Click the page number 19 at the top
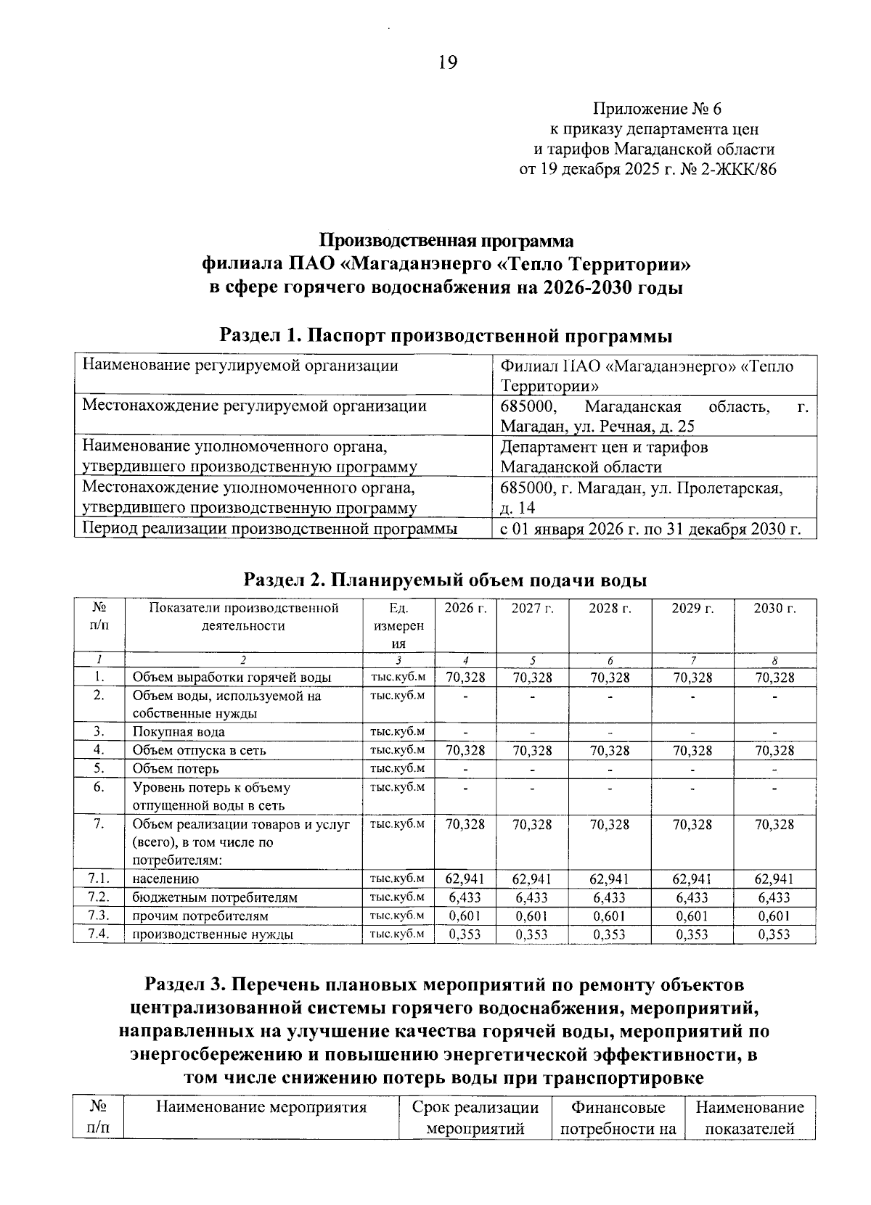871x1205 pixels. [x=447, y=63]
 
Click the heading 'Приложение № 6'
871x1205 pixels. [x=658, y=110]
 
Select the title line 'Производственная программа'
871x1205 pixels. [x=447, y=241]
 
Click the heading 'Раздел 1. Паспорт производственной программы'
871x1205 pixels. [x=446, y=336]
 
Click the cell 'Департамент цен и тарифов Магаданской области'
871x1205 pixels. [x=604, y=457]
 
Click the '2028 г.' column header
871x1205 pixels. [x=610, y=609]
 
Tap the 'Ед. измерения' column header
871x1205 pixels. [x=398, y=625]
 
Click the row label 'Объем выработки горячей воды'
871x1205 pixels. [x=232, y=678]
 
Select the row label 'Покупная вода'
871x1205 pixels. [x=179, y=732]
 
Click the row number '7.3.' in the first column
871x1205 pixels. [x=98, y=916]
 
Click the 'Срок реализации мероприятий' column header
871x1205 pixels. [x=475, y=1118]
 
